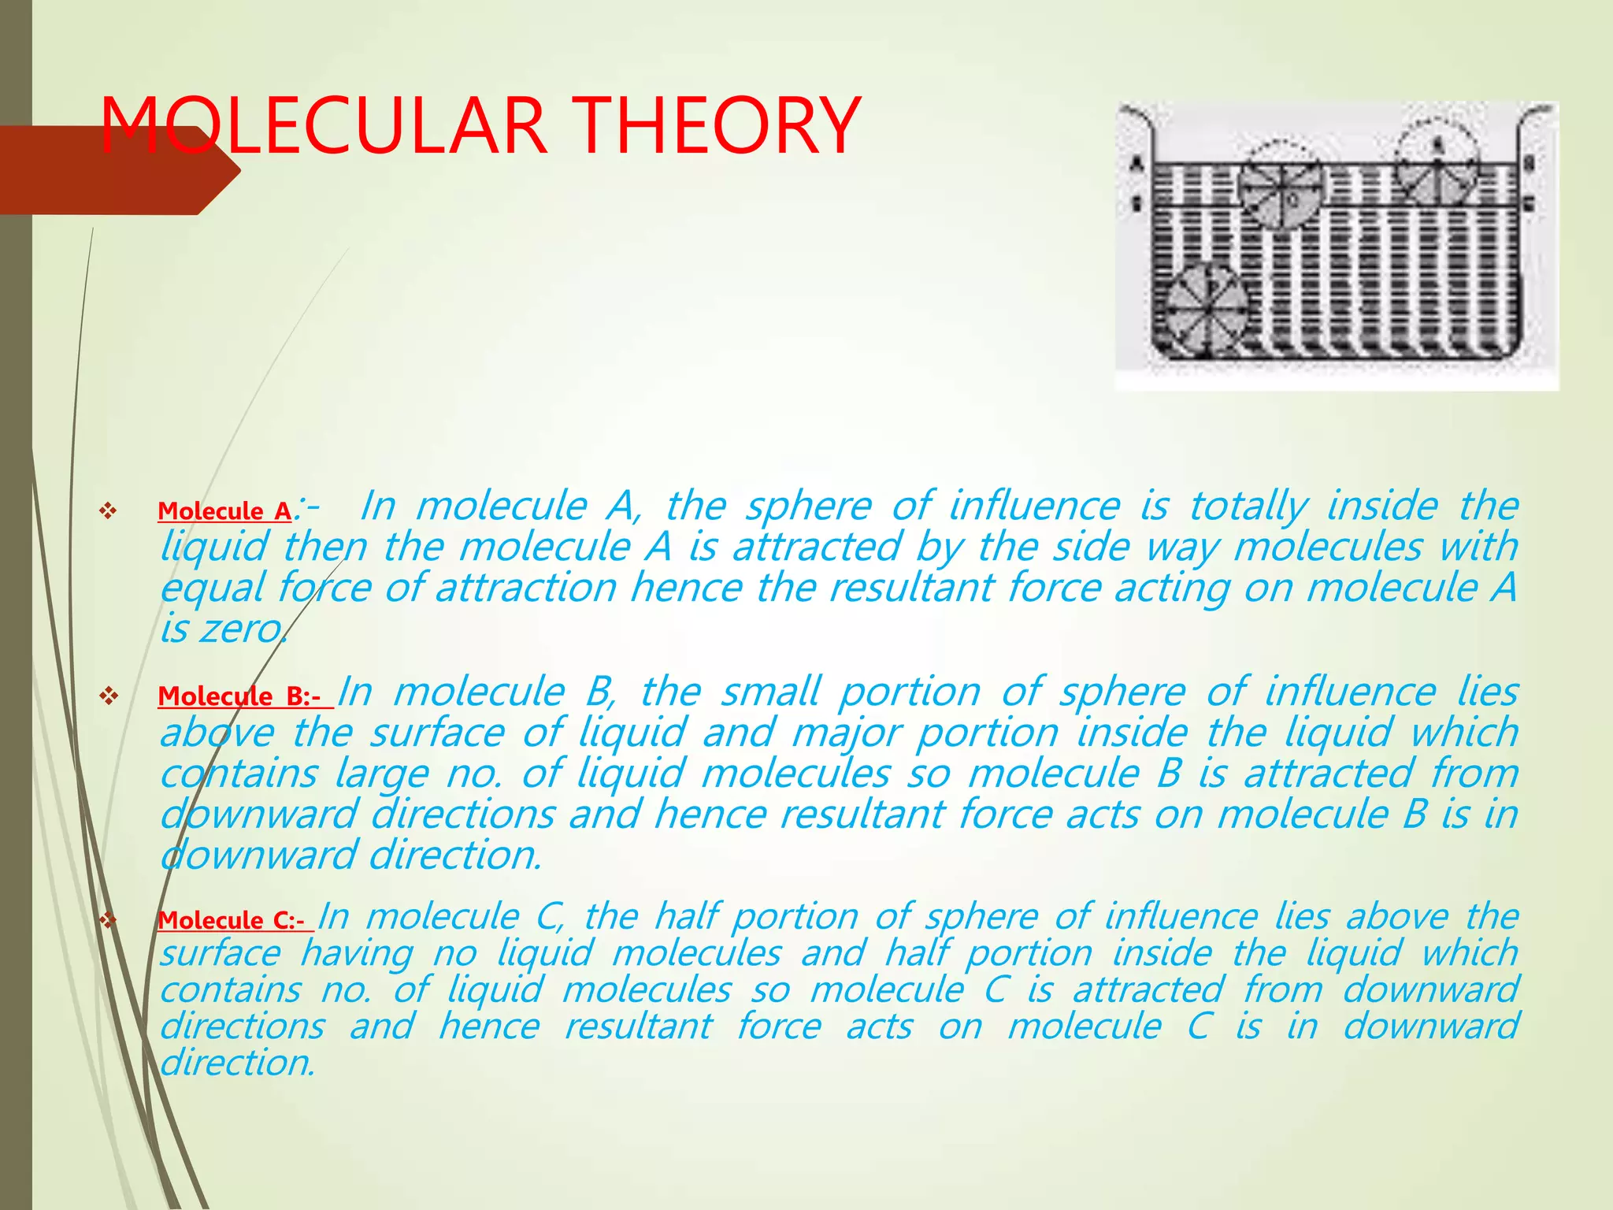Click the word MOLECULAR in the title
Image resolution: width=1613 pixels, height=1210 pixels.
tap(324, 125)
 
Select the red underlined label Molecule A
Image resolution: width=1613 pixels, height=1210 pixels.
tap(224, 511)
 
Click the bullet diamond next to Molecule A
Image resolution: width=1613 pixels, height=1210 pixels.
tap(108, 511)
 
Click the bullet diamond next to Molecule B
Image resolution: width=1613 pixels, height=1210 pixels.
tap(108, 696)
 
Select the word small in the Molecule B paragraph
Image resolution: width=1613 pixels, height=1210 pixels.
tap(771, 692)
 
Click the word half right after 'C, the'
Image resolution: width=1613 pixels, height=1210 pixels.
tap(686, 916)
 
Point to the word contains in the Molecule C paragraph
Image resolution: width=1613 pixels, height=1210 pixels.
tap(231, 989)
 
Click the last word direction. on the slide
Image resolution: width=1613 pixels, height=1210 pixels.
tap(237, 1063)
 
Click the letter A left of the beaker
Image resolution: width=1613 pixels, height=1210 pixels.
tap(1137, 165)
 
